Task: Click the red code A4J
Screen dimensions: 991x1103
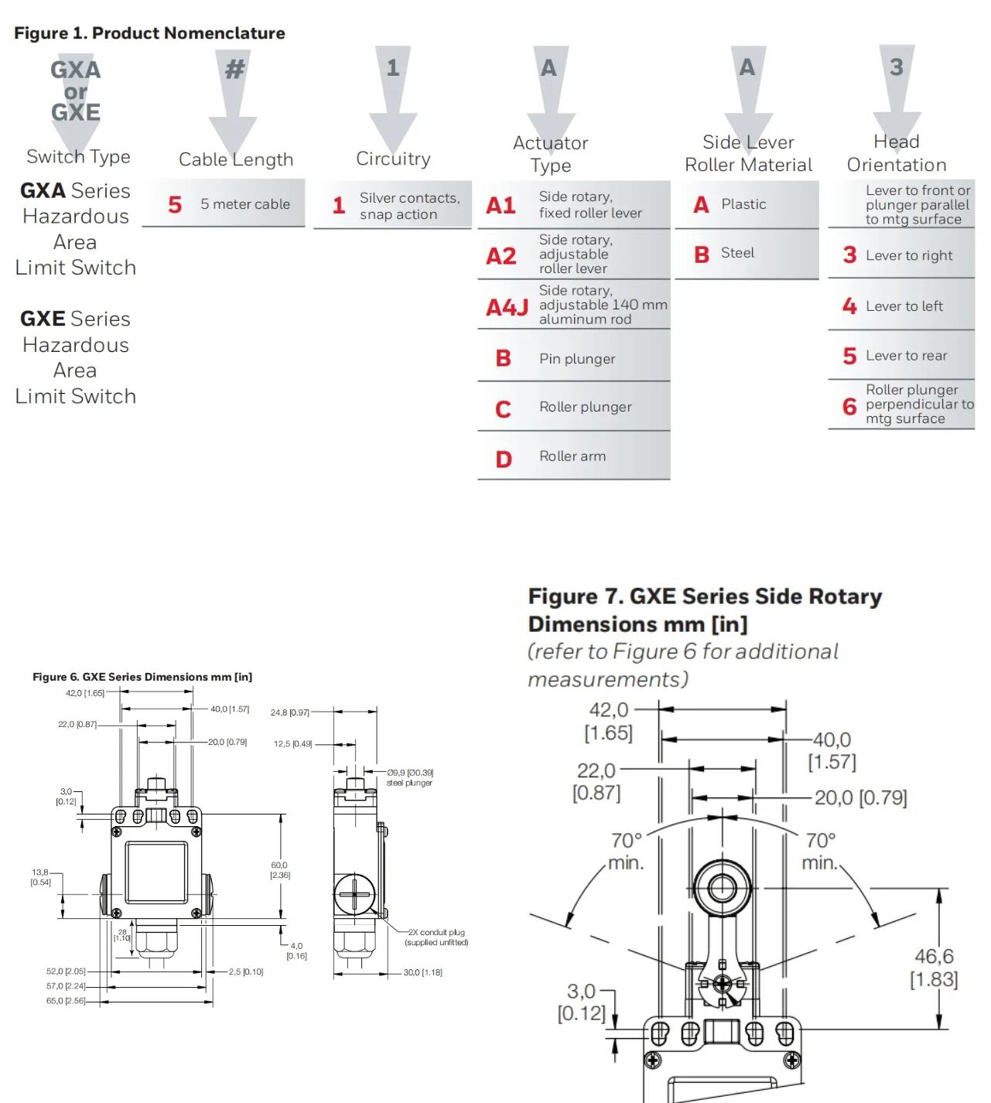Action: point(507,308)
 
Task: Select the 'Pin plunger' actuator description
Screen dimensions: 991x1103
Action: point(577,359)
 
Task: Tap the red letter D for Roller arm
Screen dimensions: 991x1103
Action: point(504,459)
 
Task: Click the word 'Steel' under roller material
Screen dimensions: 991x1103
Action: point(737,253)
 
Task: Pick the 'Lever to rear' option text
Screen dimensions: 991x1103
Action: point(906,356)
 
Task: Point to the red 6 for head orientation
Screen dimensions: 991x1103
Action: point(849,406)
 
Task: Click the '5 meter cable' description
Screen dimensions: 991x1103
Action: point(245,204)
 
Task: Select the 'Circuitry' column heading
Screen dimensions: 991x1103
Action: point(393,159)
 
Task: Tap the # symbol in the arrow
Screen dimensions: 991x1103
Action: point(234,69)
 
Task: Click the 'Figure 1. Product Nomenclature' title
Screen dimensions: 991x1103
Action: point(149,33)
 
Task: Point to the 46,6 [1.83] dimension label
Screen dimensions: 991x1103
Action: point(934,968)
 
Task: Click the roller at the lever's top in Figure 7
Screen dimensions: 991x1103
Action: point(722,888)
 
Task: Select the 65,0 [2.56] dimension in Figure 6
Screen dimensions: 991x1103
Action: point(66,1001)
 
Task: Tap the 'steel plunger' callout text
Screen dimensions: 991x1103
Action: point(409,783)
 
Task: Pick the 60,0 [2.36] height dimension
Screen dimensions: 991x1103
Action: point(280,870)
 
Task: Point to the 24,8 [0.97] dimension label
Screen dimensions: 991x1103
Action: point(289,712)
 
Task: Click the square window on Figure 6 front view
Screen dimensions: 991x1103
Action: point(156,872)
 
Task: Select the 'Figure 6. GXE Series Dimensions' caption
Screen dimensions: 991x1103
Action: point(142,677)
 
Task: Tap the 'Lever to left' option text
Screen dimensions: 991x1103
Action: point(904,306)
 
